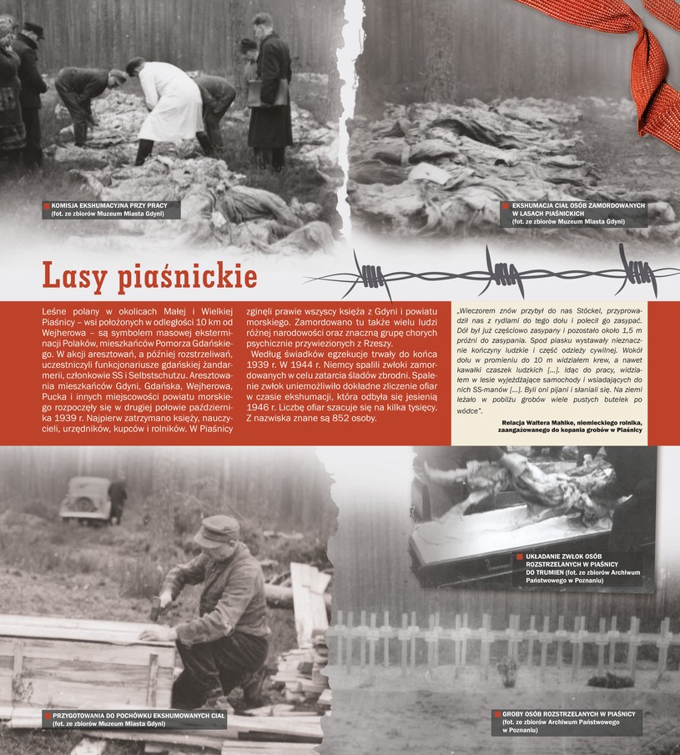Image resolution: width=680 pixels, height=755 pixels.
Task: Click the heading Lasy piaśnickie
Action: point(149,276)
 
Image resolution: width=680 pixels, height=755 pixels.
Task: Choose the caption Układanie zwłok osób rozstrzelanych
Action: point(576,570)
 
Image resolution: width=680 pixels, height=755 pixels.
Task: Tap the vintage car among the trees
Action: point(86,498)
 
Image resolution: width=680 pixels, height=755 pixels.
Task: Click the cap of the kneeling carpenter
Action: point(216,527)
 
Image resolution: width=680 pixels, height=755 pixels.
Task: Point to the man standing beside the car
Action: point(118,497)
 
